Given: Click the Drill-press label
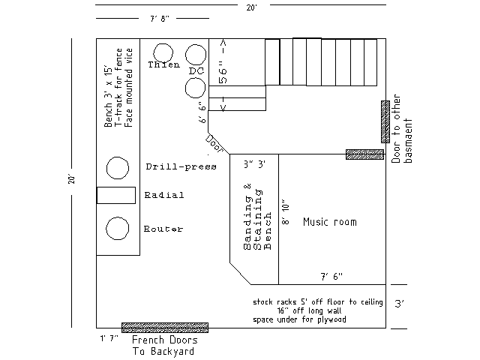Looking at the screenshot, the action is pyautogui.click(x=181, y=166).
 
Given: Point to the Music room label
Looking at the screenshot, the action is pyautogui.click(x=330, y=222).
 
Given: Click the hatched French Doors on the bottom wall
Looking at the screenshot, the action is pyautogui.click(x=165, y=328).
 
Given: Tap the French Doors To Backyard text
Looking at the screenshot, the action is pyautogui.click(x=164, y=346).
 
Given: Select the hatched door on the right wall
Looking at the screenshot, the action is pyautogui.click(x=385, y=121).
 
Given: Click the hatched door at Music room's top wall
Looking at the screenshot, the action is pyautogui.click(x=364, y=154).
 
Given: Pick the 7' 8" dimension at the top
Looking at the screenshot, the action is pyautogui.click(x=159, y=19).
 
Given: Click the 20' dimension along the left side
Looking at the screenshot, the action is pyautogui.click(x=71, y=179).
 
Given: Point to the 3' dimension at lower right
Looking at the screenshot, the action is pyautogui.click(x=399, y=304).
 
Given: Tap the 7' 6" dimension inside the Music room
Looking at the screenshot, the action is pyautogui.click(x=331, y=277).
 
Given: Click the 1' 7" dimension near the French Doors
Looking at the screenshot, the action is pyautogui.click(x=109, y=338).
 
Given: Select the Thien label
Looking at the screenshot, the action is pyautogui.click(x=164, y=64).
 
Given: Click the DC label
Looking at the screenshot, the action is pyautogui.click(x=196, y=71).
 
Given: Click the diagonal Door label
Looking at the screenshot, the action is pyautogui.click(x=214, y=143).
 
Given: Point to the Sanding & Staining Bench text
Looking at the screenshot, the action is pyautogui.click(x=257, y=217).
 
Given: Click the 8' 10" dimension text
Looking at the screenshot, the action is pyautogui.click(x=285, y=212).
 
